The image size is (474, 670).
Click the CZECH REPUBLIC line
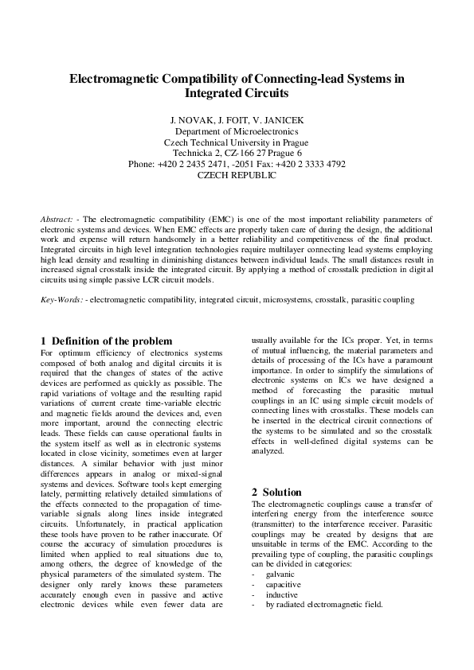(x=237, y=175)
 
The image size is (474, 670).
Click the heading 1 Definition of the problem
(x=106, y=341)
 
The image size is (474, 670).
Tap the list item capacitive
(x=283, y=584)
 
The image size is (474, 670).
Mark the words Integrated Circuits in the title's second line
(x=237, y=93)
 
